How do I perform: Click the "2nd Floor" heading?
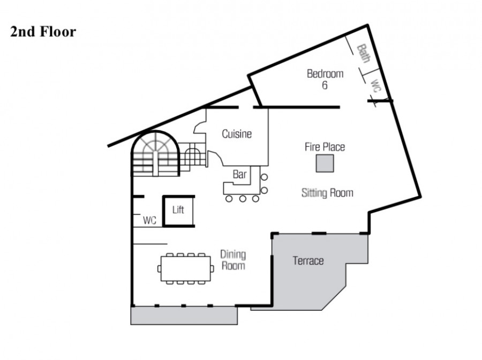tap(43, 32)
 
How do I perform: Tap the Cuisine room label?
tap(237, 134)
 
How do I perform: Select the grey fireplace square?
tap(325, 163)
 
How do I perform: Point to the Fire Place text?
tap(325, 147)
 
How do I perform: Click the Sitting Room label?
tap(327, 193)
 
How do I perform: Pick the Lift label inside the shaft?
tap(178, 209)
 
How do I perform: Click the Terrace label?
tap(308, 261)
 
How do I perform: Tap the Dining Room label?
tap(234, 260)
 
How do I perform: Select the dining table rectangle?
tap(186, 269)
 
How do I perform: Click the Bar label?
tap(239, 174)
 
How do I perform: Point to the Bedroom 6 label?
tap(325, 79)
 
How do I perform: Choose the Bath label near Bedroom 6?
tap(363, 54)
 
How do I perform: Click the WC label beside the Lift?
tap(149, 220)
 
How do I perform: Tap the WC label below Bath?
tap(375, 86)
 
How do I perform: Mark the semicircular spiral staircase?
tap(155, 153)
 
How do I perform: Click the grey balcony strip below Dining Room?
tap(184, 316)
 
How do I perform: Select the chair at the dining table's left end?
tap(159, 269)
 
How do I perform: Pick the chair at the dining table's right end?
tap(213, 269)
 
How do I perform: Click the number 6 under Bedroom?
tap(325, 85)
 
